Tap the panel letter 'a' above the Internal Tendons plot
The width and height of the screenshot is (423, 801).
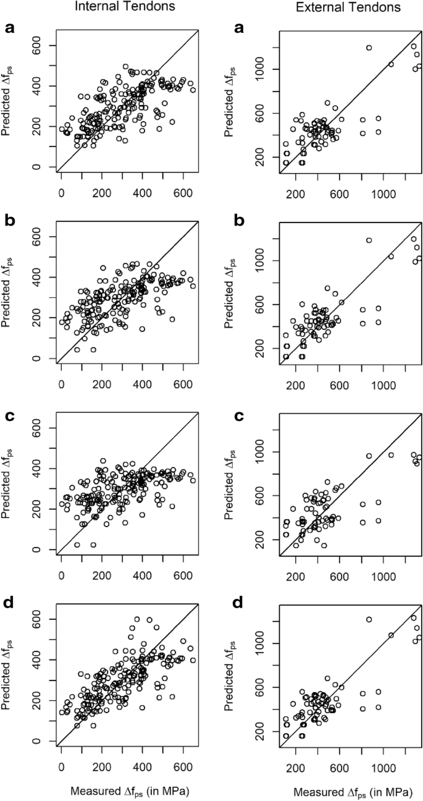click(x=9, y=28)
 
